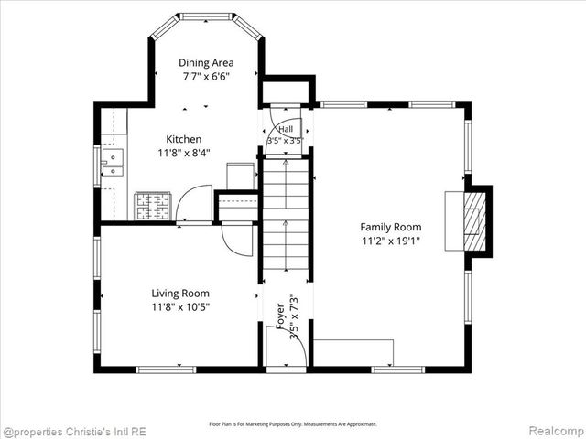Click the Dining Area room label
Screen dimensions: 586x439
point(206,63)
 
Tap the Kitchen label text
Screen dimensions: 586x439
point(183,139)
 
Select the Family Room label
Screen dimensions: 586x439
point(391,227)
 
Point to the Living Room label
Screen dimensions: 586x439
point(180,294)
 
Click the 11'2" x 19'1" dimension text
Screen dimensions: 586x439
point(391,241)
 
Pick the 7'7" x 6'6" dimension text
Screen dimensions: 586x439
point(206,77)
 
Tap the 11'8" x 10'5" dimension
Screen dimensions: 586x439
point(180,307)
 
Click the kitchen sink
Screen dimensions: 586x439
point(112,163)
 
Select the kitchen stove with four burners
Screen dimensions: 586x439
point(153,206)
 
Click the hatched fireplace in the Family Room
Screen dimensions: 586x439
point(474,221)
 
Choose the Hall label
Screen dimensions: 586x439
point(286,130)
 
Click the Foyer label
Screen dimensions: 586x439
point(280,316)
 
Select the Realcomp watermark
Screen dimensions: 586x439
point(557,431)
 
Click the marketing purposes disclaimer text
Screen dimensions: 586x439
point(293,424)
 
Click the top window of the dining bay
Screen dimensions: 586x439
point(206,16)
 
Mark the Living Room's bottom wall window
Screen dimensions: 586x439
point(166,369)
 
